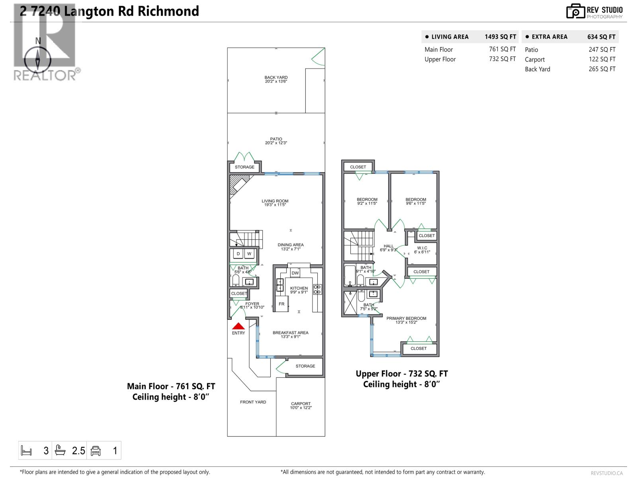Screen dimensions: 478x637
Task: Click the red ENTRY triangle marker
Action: (x=238, y=326)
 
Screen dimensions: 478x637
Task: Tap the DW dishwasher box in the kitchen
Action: (x=295, y=273)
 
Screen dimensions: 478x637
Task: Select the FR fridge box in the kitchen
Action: (x=281, y=304)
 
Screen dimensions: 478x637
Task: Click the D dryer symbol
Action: (x=238, y=254)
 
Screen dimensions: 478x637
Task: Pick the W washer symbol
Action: (x=249, y=254)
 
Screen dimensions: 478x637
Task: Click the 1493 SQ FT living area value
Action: (x=500, y=37)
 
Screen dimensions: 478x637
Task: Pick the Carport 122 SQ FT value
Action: (x=602, y=59)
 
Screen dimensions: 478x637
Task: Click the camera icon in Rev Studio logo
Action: (x=575, y=11)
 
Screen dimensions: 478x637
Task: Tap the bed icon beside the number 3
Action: (x=26, y=451)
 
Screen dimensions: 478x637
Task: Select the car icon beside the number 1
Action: (x=96, y=451)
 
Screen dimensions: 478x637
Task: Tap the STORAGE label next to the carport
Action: (x=305, y=366)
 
